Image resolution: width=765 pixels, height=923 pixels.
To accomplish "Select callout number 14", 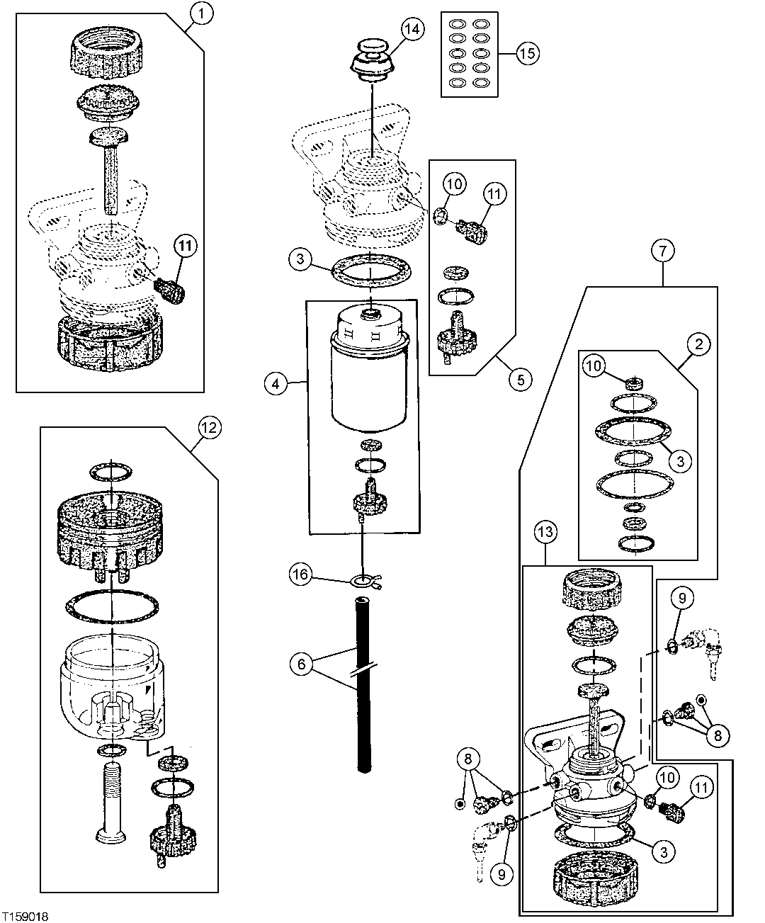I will point(412,29).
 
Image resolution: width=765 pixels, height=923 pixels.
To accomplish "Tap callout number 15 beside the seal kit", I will point(528,54).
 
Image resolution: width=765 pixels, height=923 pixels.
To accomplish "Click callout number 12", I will point(208,427).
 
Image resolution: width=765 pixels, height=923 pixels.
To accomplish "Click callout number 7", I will point(663,251).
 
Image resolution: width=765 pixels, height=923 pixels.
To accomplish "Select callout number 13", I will point(546,531).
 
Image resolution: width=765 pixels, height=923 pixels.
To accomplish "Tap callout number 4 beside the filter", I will point(276,384).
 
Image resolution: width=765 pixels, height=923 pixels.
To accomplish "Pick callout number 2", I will point(698,345).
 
